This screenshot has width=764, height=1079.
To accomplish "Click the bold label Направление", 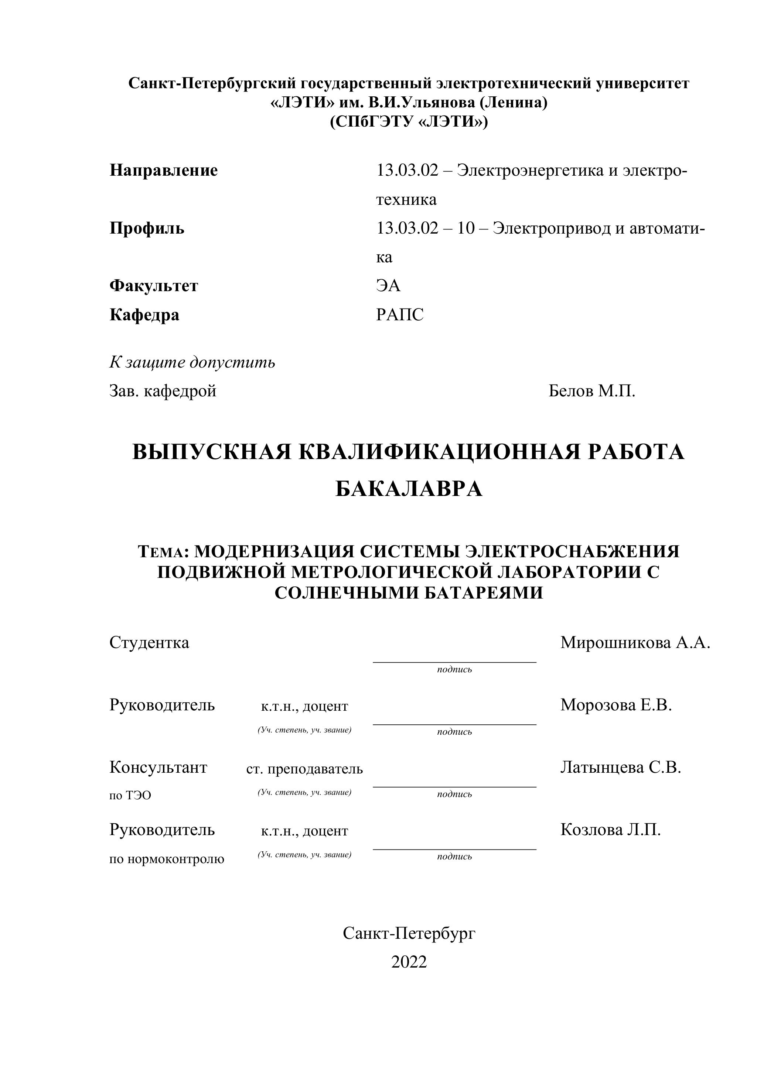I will coord(163,170).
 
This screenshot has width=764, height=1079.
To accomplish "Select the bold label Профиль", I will coord(147,228).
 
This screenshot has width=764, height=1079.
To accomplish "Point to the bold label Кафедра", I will coord(144,314).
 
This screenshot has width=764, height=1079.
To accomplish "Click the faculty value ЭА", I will coord(388,286).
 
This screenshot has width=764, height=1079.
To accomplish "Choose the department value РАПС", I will coord(400,314).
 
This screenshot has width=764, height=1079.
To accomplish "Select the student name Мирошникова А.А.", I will coord(635,642).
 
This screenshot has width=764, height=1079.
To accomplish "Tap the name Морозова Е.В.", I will coord(616,705).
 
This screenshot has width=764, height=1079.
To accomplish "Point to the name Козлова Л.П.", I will coord(610,830).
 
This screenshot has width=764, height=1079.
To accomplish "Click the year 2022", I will coord(409,962).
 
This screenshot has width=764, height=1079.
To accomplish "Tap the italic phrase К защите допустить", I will coord(192,362).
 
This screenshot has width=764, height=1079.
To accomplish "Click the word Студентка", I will coord(149,642).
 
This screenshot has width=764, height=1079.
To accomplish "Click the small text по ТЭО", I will coord(130,795).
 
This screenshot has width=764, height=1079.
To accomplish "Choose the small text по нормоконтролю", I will coord(167,859).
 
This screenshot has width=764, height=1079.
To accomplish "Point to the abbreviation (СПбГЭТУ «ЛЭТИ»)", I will coord(409,122).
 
